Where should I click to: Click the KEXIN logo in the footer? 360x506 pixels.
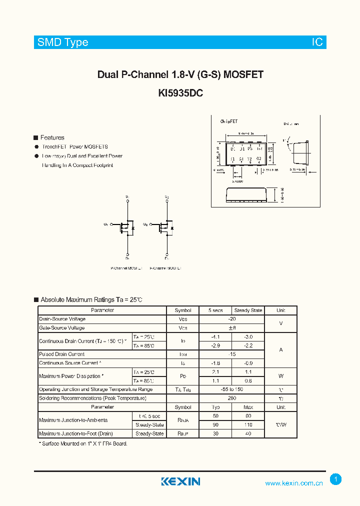coord(180,481)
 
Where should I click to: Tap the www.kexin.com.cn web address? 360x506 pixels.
coord(294,483)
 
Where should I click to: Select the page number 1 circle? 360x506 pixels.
coord(336,479)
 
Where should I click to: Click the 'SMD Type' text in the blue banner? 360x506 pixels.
coord(63,42)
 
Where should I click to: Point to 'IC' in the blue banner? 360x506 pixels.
coord(317,42)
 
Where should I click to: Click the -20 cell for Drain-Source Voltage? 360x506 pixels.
coord(232,319)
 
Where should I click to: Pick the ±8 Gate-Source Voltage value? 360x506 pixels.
coord(232,328)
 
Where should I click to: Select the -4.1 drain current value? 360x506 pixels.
coord(215,337)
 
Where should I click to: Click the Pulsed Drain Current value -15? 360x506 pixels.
coord(232,354)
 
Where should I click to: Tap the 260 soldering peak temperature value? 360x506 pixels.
coord(232,398)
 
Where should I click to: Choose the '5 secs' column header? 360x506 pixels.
coord(215,310)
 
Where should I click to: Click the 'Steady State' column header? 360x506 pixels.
coord(248,310)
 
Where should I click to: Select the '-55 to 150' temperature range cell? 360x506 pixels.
coord(232,389)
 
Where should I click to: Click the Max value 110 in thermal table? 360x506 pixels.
coord(248,425)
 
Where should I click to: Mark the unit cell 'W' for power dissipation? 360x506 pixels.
coord(281,376)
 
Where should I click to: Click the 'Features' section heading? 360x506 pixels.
coord(52,137)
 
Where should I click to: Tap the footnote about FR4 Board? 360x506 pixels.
coord(83,443)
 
